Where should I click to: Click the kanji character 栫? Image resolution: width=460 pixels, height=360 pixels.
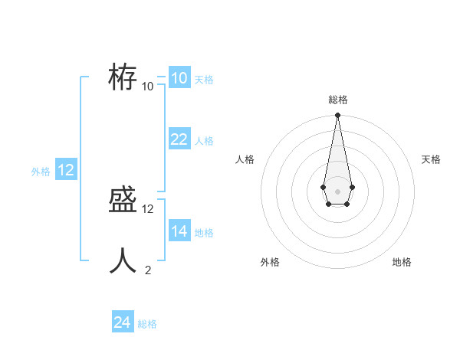pyautogui.click(x=123, y=77)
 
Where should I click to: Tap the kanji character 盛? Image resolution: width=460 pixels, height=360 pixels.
pyautogui.click(x=123, y=201)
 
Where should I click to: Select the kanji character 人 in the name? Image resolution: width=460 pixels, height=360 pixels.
pyautogui.click(x=123, y=260)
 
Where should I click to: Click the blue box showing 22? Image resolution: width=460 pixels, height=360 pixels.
pyautogui.click(x=179, y=139)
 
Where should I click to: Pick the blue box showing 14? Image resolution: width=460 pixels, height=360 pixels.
pyautogui.click(x=179, y=231)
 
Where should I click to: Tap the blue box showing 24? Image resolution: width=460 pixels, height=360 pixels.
pyautogui.click(x=122, y=322)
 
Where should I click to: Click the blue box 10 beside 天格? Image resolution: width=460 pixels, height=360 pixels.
pyautogui.click(x=179, y=78)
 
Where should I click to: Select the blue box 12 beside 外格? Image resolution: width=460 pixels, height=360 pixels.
pyautogui.click(x=66, y=170)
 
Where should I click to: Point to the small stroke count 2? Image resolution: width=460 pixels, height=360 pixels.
pyautogui.click(x=148, y=270)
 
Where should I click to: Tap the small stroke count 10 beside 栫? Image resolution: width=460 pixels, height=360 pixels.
pyautogui.click(x=148, y=86)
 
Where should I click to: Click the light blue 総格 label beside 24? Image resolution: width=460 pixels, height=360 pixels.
pyautogui.click(x=147, y=324)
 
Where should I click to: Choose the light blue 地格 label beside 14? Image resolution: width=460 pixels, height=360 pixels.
pyautogui.click(x=204, y=232)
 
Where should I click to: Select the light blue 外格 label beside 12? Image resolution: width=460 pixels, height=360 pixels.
pyautogui.click(x=41, y=172)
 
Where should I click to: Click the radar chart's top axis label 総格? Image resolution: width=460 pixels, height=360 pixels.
pyautogui.click(x=337, y=100)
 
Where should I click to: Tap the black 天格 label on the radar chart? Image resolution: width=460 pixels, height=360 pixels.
pyautogui.click(x=431, y=159)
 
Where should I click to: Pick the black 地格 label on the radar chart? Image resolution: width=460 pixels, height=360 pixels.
pyautogui.click(x=402, y=262)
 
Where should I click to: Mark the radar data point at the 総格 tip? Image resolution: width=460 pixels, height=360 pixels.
pyautogui.click(x=337, y=116)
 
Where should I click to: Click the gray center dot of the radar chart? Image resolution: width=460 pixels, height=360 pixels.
pyautogui.click(x=337, y=191)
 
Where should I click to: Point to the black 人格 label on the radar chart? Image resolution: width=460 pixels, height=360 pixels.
pyautogui.click(x=245, y=159)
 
